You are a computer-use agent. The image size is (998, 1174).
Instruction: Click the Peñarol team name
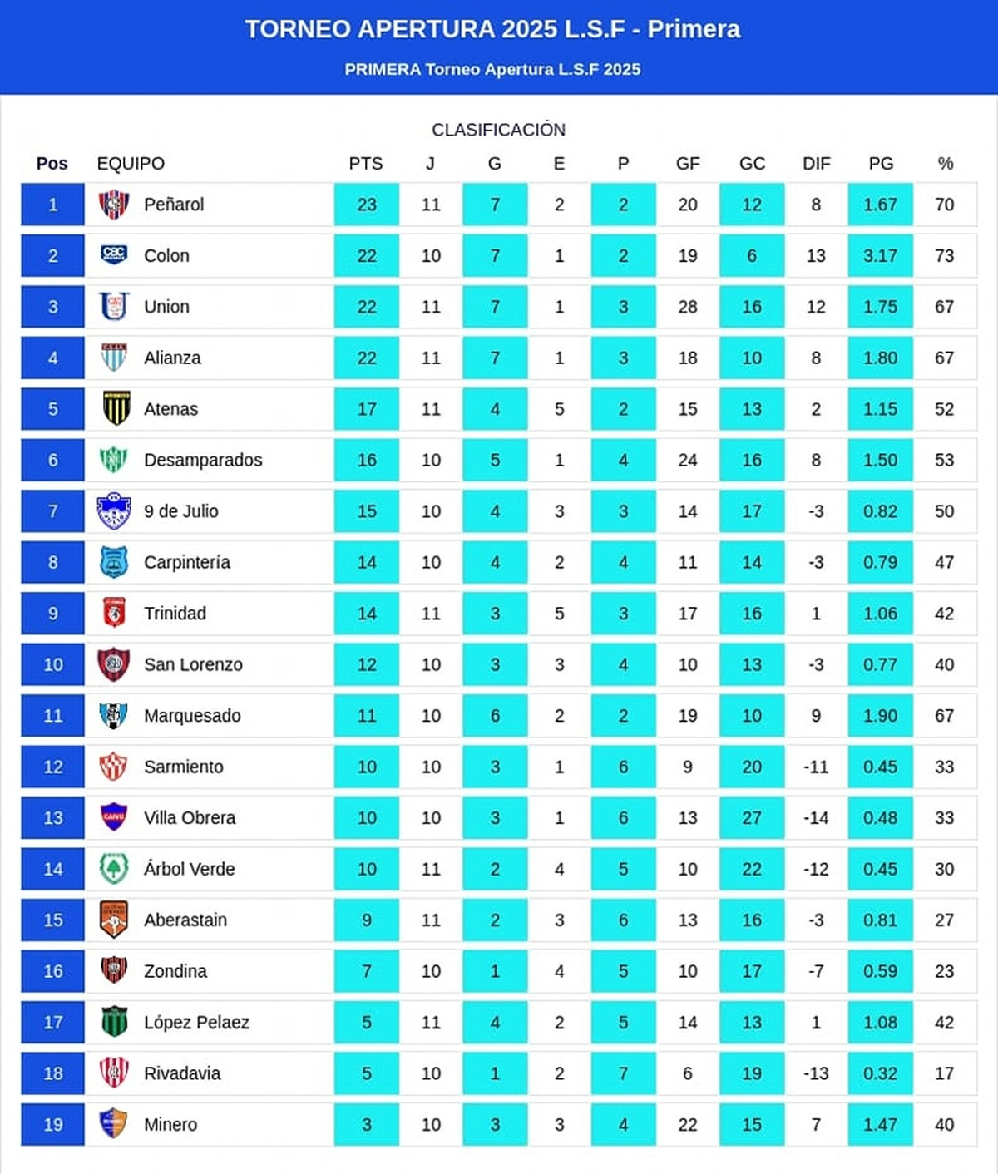174,205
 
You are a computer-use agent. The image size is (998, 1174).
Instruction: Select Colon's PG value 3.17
880,256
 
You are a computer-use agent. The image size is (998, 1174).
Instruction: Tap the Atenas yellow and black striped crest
115,408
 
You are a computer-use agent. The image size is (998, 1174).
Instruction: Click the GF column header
688,164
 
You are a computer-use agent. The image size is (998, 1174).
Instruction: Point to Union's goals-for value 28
688,307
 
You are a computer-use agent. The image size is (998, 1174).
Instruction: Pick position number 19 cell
52,1125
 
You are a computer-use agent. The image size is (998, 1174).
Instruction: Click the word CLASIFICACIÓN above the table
498,130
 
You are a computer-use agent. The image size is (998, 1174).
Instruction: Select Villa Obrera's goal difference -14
816,818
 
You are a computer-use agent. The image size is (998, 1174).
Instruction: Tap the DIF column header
816,164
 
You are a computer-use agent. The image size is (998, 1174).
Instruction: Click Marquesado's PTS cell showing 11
367,716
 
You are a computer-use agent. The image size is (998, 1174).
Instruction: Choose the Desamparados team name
203,460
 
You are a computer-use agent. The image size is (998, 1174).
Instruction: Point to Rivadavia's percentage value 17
944,1073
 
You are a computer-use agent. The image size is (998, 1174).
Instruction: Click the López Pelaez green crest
114,1022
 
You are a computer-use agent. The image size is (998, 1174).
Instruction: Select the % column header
945,164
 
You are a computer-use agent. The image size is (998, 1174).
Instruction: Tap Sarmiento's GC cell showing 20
752,767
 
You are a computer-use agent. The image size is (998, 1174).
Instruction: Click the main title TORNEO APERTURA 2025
492,30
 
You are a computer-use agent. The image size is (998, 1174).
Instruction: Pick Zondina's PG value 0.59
880,971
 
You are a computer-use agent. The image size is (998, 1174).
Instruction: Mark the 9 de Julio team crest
114,511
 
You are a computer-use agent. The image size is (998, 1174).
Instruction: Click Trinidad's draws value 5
559,614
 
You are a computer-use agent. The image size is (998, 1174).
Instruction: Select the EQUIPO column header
131,164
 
